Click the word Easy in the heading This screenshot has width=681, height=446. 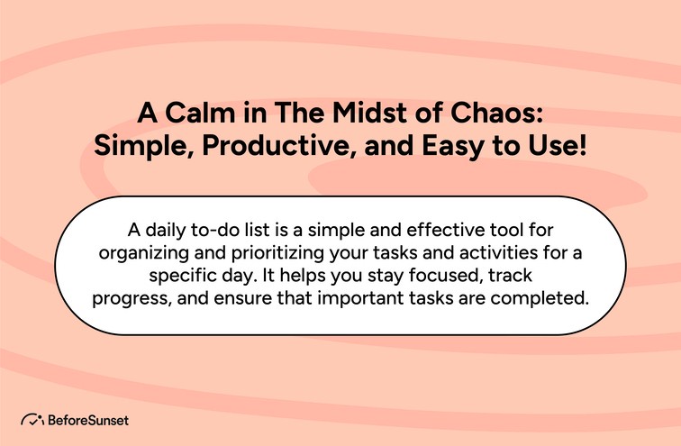coord(451,147)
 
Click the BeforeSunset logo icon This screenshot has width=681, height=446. coord(33,419)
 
